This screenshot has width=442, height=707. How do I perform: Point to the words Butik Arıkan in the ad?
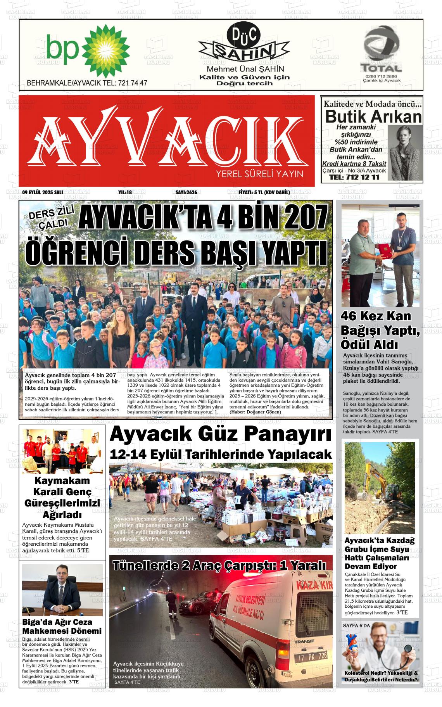tap(373, 116)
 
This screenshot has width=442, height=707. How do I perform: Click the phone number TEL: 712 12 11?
tap(354, 177)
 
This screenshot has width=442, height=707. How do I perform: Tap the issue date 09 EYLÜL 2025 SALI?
tap(43, 192)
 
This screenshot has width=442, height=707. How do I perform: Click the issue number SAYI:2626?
tap(186, 192)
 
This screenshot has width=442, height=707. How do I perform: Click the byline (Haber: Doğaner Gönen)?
tap(255, 412)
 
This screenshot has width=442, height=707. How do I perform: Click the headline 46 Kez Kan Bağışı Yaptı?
tap(380, 330)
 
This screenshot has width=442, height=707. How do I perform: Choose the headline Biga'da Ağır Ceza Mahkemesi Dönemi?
tap(62, 626)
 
